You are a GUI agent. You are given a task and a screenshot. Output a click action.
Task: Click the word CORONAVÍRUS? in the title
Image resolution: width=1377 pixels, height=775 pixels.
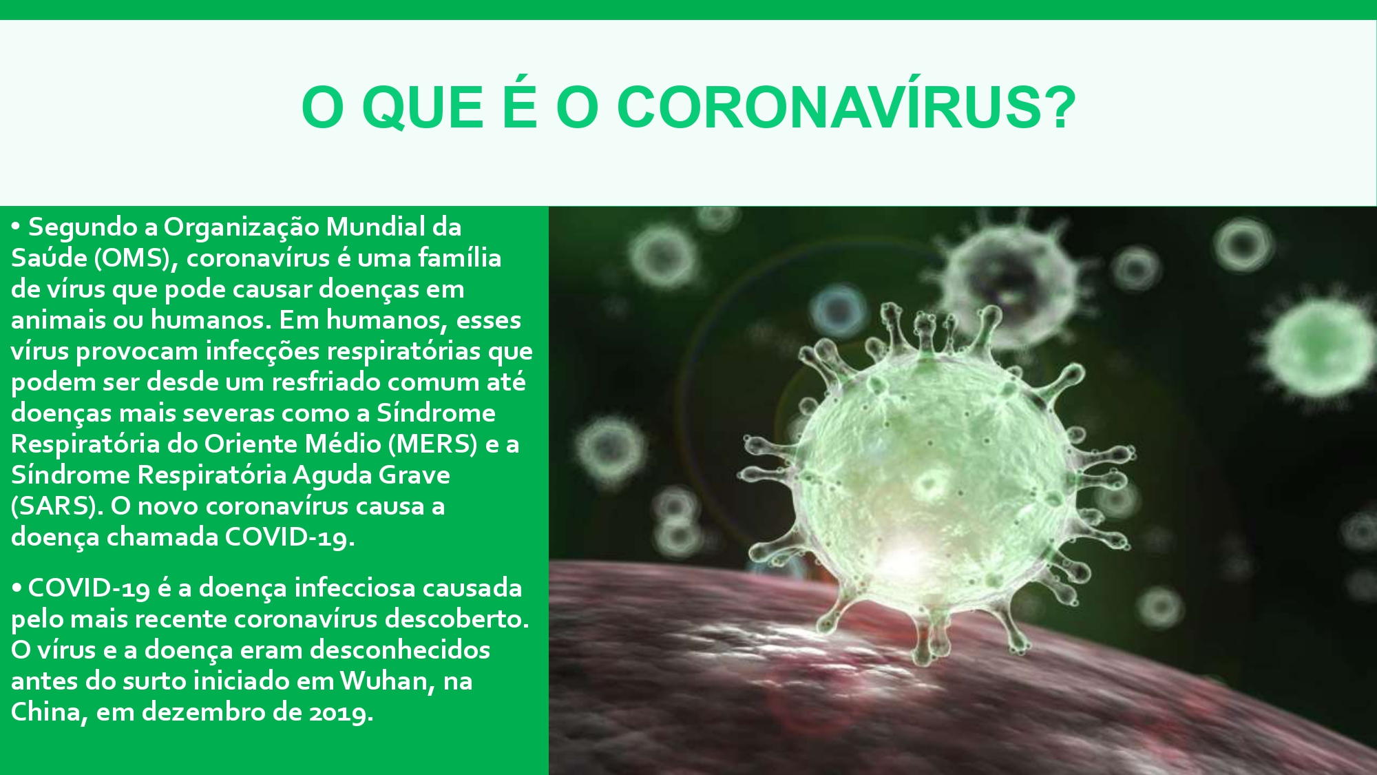tap(846, 107)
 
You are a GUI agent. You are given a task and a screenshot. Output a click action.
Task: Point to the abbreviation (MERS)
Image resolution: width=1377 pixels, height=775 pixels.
tap(432, 444)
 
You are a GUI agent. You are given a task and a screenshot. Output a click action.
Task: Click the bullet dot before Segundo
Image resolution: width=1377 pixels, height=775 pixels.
tap(17, 227)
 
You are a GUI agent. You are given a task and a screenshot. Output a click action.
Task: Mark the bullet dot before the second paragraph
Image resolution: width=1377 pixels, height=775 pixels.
tap(17, 588)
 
